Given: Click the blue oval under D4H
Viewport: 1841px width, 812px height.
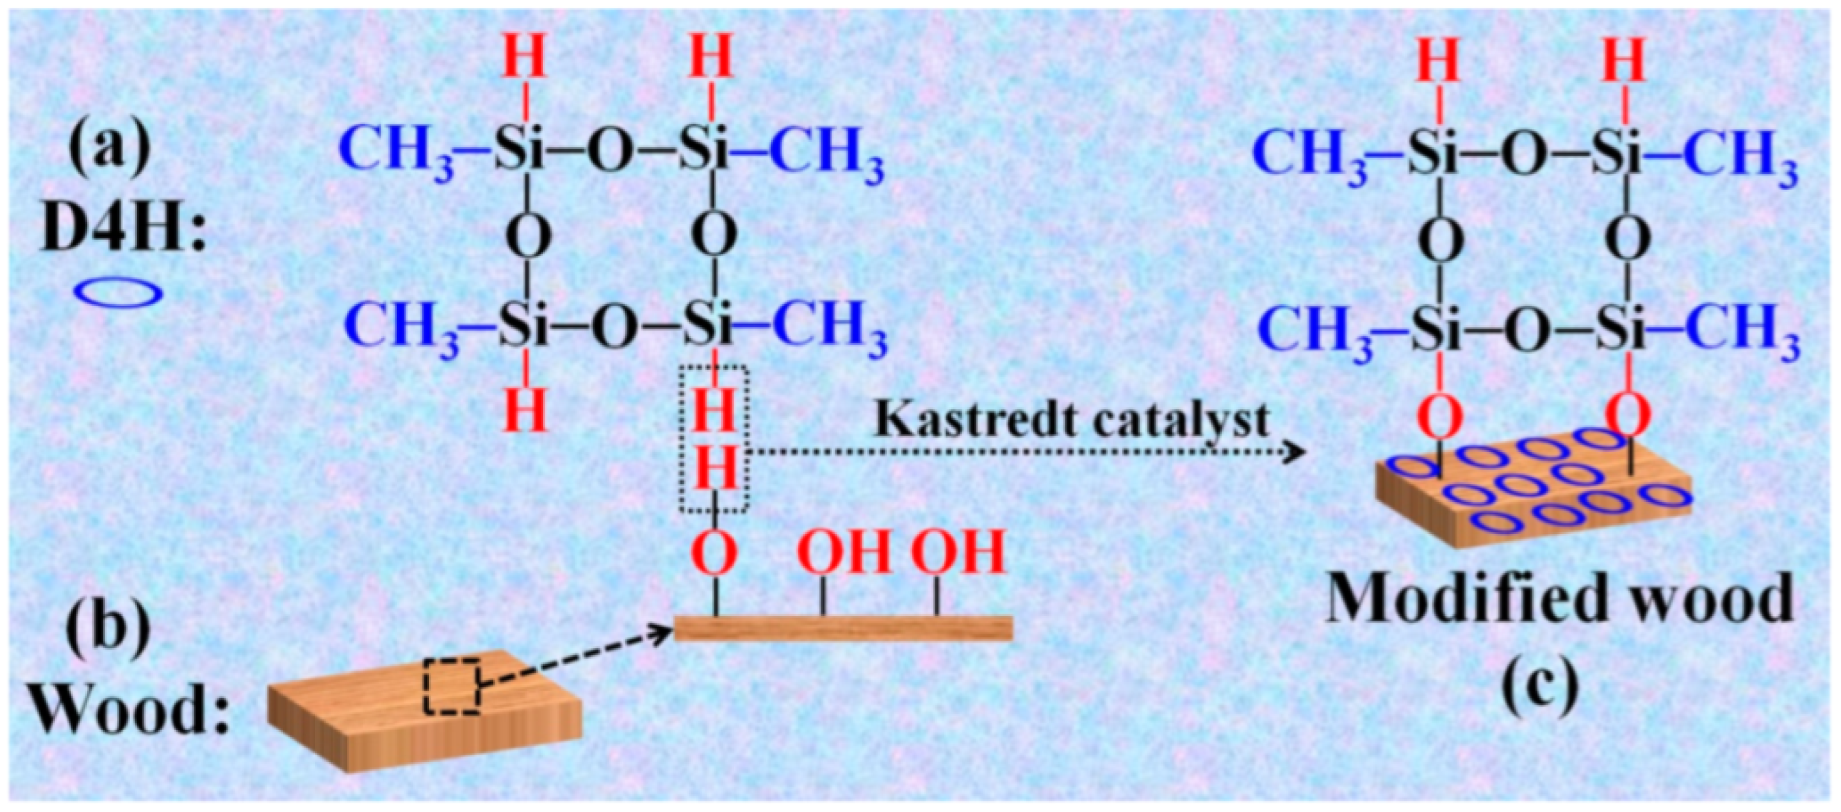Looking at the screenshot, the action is (x=119, y=293).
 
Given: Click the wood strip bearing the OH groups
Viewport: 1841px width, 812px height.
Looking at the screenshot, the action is (x=844, y=627).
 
